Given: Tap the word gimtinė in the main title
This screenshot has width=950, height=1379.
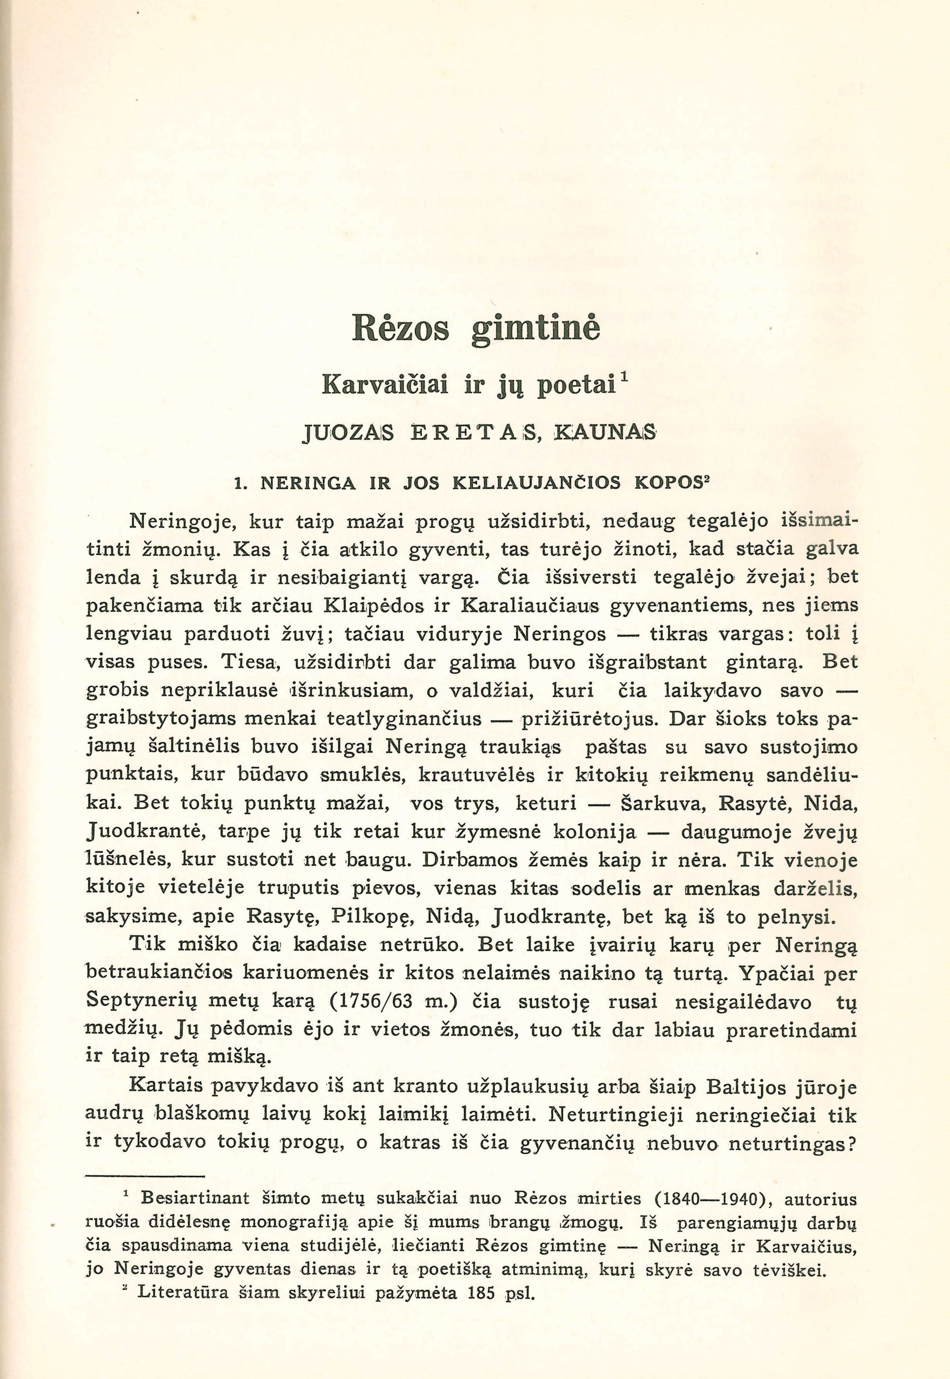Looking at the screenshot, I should click(535, 329).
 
